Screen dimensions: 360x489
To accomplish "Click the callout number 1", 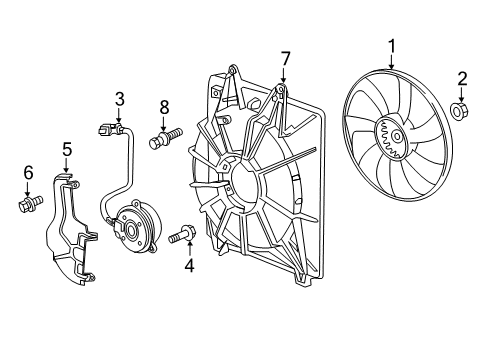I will click(x=391, y=45).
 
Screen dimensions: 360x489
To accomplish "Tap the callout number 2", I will click(x=462, y=79).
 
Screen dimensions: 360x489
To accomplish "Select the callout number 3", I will click(x=119, y=98).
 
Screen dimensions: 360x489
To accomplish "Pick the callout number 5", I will click(x=67, y=150).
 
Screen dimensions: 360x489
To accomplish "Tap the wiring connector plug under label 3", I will click(x=111, y=128).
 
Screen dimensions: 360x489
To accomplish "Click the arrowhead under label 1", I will click(x=391, y=66).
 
